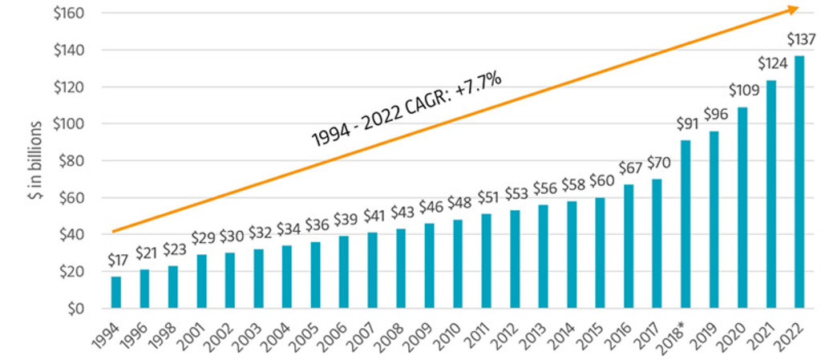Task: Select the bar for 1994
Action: pos(116,293)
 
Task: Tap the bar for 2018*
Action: pos(685,224)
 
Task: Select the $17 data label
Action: pos(116,261)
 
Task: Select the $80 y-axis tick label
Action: pos(71,161)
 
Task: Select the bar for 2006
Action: pos(344,272)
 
